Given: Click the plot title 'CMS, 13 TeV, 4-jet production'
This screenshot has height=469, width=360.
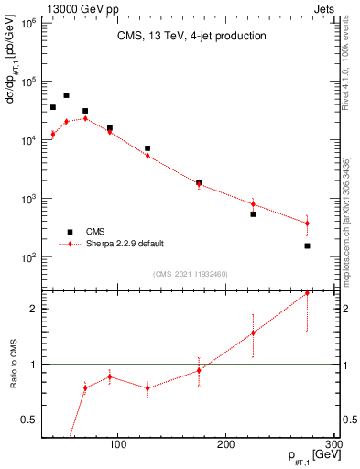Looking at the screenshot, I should click(191, 37).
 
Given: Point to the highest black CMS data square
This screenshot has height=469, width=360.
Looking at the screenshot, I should click(66, 95).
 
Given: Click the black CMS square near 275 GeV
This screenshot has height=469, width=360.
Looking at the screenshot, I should click(307, 245).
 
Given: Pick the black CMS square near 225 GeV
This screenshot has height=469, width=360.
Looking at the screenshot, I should click(253, 213).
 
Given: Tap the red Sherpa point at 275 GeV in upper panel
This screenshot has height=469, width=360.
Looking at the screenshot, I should click(307, 223).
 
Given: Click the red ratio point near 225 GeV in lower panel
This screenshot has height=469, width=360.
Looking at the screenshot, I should click(253, 333).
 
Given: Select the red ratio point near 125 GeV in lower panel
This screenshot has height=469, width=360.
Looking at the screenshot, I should click(147, 387).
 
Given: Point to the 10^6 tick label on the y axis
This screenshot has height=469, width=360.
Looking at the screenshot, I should click(26, 22).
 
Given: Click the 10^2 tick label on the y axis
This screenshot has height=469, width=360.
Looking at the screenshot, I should click(26, 257).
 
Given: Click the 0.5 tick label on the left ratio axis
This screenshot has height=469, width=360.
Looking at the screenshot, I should click(27, 420).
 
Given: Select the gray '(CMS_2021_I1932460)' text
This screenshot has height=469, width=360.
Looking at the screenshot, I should click(191, 273).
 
